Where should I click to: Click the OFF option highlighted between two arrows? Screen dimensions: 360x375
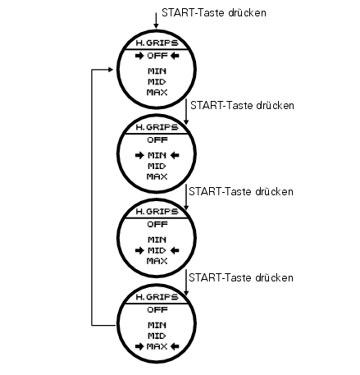(157, 56)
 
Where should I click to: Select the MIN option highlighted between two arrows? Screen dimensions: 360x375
(157, 155)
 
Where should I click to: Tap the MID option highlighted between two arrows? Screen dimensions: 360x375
(157, 250)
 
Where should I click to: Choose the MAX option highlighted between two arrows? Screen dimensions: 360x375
(157, 346)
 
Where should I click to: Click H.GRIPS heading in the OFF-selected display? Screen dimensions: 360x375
(157, 43)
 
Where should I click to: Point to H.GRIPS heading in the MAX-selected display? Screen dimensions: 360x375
(157, 297)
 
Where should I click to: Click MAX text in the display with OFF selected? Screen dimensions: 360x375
(157, 93)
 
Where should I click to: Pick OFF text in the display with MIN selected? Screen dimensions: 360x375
(157, 140)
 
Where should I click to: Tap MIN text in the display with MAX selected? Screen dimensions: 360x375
(157, 325)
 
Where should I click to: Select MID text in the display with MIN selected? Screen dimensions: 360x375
(157, 167)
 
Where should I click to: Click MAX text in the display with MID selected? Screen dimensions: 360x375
(157, 261)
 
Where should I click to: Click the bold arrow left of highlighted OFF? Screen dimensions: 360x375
(139, 56)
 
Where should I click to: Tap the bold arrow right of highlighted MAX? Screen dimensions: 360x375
(175, 346)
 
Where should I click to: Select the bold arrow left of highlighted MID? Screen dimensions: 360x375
(139, 250)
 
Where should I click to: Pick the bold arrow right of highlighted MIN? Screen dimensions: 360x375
(175, 155)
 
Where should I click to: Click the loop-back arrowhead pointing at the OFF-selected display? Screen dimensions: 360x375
(111, 70)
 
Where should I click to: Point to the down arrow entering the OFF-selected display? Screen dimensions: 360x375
(156, 21)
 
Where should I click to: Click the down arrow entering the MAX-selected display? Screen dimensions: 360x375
(186, 282)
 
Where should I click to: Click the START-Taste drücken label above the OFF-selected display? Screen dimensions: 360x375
(214, 13)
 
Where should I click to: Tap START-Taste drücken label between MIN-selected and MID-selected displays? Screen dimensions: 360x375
(241, 191)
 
